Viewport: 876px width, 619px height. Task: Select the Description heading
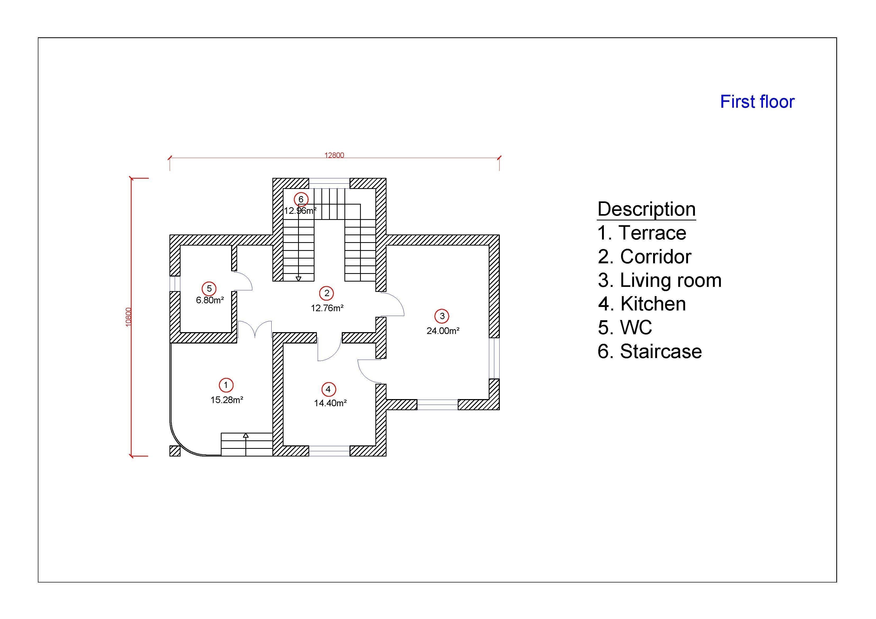click(x=646, y=209)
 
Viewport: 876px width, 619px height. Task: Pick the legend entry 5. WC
click(x=625, y=327)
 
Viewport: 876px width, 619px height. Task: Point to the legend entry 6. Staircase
click(x=649, y=351)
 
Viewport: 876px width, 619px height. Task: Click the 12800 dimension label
click(x=334, y=155)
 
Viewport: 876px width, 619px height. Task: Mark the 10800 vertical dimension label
click(x=129, y=317)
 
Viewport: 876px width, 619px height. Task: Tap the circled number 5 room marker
click(x=209, y=289)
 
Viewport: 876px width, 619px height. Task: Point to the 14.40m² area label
click(x=330, y=403)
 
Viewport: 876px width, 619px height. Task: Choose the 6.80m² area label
click(x=210, y=300)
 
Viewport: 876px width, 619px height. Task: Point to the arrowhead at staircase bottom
click(x=298, y=279)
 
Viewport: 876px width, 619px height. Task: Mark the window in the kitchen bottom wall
click(x=329, y=451)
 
